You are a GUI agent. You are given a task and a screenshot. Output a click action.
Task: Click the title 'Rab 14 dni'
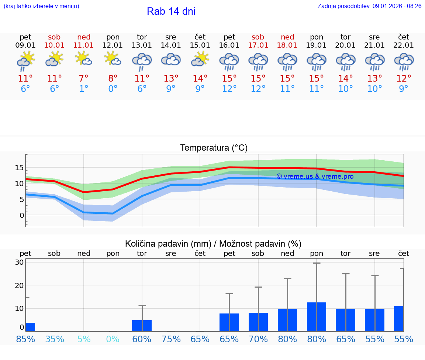click(171, 11)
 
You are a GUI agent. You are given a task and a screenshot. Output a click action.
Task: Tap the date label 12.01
click(113, 45)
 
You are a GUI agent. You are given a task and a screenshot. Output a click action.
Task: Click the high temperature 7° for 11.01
click(84, 79)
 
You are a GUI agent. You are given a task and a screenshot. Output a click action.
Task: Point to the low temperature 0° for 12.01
click(113, 89)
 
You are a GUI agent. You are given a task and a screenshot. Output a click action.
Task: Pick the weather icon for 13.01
click(142, 61)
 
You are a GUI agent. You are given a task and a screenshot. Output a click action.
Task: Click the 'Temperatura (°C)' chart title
click(214, 148)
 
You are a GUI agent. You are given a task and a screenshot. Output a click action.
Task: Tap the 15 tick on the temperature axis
click(19, 168)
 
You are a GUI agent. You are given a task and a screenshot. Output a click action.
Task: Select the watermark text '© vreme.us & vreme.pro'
click(315, 176)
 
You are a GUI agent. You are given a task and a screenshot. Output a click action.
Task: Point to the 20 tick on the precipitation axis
click(19, 285)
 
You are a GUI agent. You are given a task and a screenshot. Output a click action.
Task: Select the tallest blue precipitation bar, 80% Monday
click(317, 317)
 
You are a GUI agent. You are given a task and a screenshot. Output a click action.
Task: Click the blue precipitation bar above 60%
click(142, 326)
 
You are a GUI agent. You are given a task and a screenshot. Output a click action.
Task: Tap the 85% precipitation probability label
click(25, 339)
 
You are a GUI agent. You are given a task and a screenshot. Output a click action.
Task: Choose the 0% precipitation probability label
click(113, 339)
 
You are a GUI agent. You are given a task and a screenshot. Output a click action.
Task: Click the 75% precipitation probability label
click(171, 339)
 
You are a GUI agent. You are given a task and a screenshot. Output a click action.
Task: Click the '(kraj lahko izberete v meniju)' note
click(41, 6)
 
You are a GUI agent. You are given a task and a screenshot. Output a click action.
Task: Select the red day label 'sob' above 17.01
click(258, 37)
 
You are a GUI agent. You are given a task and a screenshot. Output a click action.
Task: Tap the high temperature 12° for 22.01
click(404, 79)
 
